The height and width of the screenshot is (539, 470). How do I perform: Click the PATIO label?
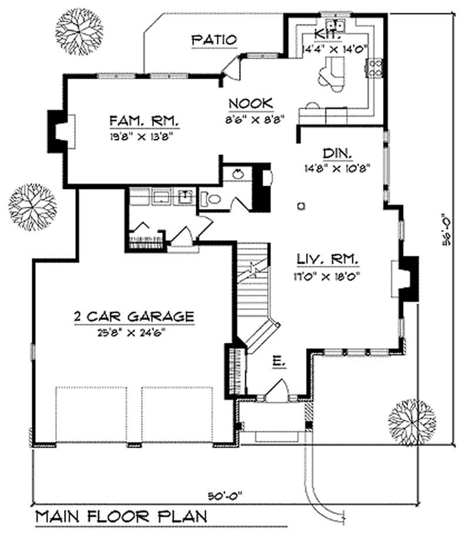coord(214,40)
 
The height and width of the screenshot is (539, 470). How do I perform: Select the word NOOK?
coord(251,103)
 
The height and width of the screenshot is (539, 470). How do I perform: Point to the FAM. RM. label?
coord(143,122)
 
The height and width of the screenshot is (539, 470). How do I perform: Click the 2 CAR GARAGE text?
coord(133,316)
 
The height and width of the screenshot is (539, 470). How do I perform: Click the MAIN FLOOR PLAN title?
coord(121,517)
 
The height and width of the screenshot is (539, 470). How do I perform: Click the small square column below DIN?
coord(301,206)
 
